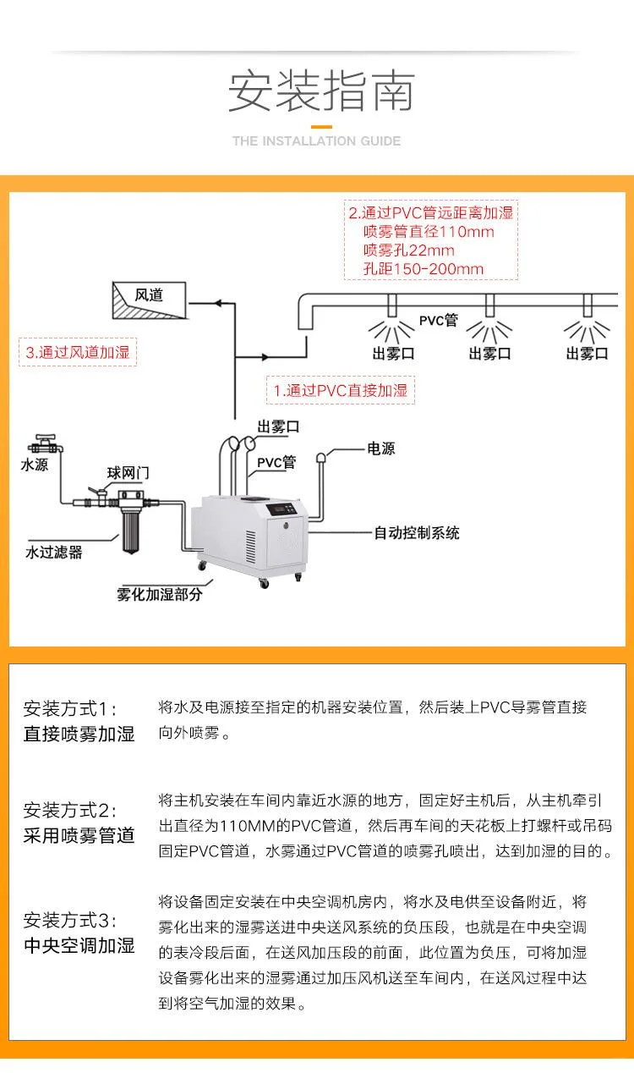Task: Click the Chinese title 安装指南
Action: point(320,91)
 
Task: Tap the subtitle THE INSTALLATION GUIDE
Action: point(317,141)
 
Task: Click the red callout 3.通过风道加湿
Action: point(78,352)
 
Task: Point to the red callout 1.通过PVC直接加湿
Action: point(341,390)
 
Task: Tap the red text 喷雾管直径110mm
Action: point(428,231)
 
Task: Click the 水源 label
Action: point(35,465)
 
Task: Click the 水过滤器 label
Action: point(54,553)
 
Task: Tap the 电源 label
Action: point(380,449)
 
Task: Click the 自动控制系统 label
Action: point(418,533)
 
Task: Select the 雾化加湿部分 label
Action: point(160,594)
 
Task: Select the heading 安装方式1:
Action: point(70,709)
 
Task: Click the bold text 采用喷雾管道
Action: point(79,836)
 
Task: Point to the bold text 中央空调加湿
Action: point(79,945)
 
